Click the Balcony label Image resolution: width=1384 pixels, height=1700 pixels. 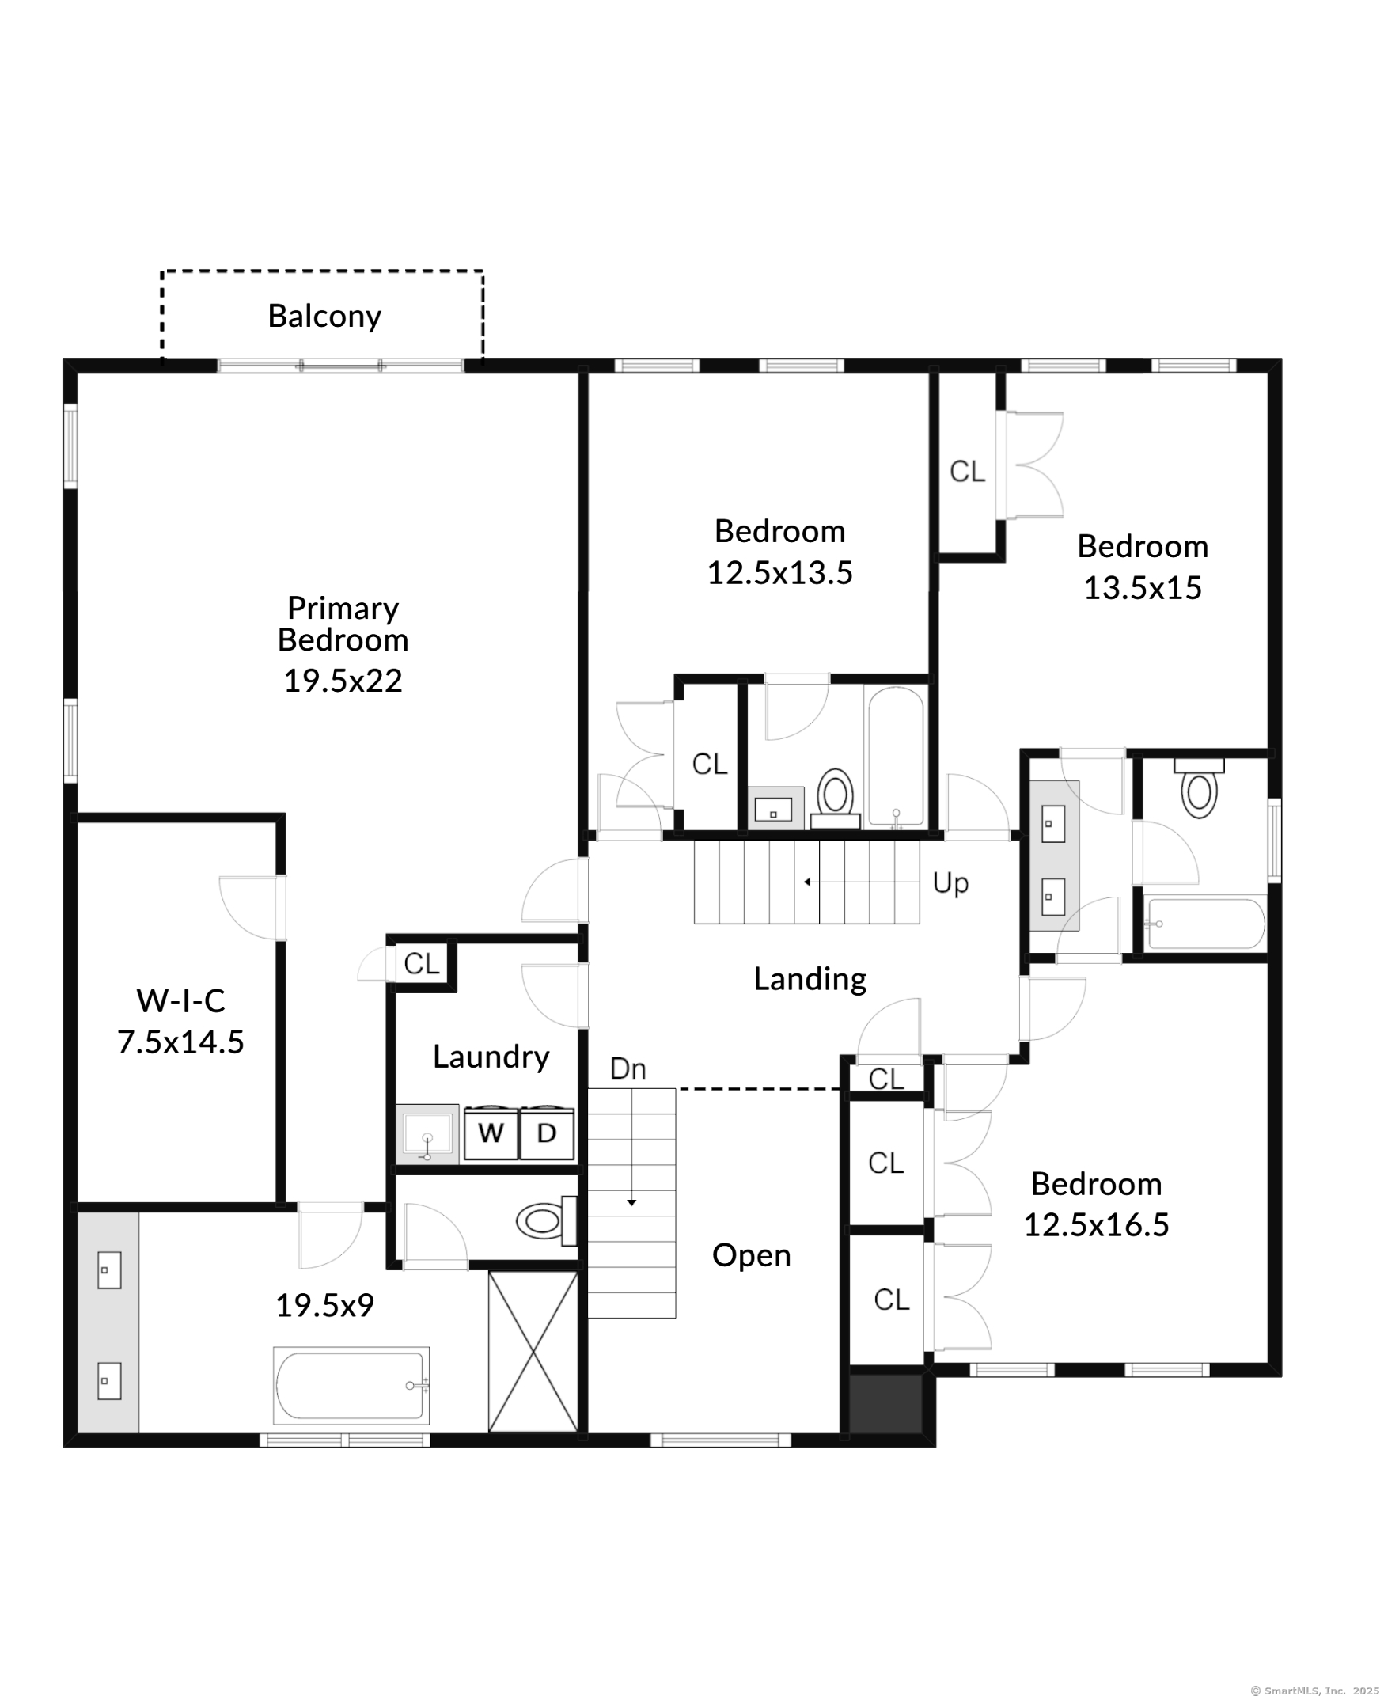pyautogui.click(x=324, y=317)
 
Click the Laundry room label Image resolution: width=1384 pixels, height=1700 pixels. pyautogui.click(x=491, y=1057)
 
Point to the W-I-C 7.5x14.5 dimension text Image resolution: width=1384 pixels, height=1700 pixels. pyautogui.click(x=181, y=1042)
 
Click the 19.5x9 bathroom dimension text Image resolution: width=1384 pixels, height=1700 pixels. pyautogui.click(x=324, y=1305)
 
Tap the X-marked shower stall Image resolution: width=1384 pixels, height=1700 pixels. pyautogui.click(x=533, y=1352)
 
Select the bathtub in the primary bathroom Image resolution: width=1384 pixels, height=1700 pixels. pyautogui.click(x=351, y=1385)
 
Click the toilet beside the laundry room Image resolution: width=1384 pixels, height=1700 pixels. pyautogui.click(x=546, y=1220)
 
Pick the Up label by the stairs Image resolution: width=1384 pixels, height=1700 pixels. pyautogui.click(x=950, y=883)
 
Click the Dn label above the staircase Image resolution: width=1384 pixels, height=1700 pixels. pyautogui.click(x=628, y=1069)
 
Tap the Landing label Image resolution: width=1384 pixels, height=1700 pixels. pyautogui.click(x=810, y=979)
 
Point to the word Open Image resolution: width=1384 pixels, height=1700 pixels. pyautogui.click(x=752, y=1256)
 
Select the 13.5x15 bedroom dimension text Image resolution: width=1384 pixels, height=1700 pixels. pyautogui.click(x=1143, y=588)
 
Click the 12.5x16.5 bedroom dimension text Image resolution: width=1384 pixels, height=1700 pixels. pyautogui.click(x=1096, y=1225)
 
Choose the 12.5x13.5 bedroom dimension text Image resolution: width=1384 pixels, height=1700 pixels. pyautogui.click(x=779, y=572)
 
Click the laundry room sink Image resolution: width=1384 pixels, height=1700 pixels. pyautogui.click(x=427, y=1134)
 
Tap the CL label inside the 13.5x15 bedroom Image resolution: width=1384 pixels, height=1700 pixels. pyautogui.click(x=967, y=471)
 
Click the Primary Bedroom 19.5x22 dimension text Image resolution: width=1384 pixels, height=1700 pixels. pyautogui.click(x=343, y=680)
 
